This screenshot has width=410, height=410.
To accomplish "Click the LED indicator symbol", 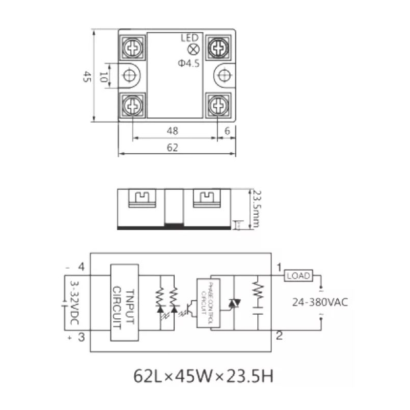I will point(194,50).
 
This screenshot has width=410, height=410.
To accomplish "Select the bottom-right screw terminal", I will point(219,106).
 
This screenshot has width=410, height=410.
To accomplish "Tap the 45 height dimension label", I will point(87,77).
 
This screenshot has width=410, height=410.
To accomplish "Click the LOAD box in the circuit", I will point(298,276).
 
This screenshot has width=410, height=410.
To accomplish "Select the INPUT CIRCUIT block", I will point(125,302).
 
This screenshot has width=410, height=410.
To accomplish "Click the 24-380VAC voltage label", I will point(320,302).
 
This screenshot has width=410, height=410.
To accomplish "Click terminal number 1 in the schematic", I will point(279,268).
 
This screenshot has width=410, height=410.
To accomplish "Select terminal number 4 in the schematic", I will point(80,266).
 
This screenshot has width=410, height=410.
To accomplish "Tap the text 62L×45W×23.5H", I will point(203,376).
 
